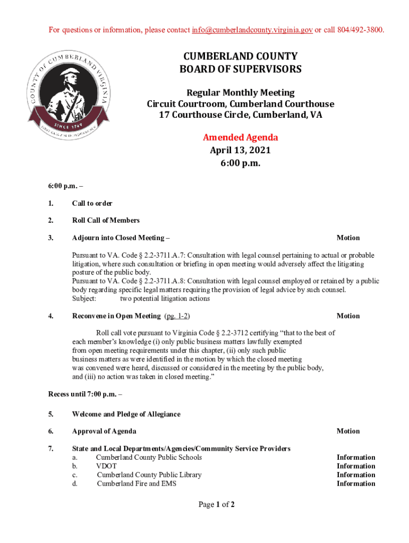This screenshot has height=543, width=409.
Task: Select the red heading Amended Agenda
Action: (x=240, y=138)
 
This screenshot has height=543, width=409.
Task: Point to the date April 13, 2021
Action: (x=240, y=151)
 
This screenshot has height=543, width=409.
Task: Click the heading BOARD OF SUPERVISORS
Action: (x=240, y=69)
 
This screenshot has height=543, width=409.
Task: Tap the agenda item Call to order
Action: (x=92, y=203)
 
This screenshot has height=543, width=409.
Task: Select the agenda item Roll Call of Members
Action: (x=106, y=221)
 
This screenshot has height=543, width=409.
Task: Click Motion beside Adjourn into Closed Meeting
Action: (x=348, y=238)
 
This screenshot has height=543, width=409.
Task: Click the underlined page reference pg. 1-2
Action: (x=177, y=316)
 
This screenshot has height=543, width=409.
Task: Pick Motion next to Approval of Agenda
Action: (x=348, y=431)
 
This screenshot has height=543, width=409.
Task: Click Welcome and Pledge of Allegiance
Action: (x=126, y=414)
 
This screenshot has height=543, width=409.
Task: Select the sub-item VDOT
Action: (x=106, y=466)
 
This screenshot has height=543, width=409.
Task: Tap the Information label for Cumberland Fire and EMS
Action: (x=355, y=484)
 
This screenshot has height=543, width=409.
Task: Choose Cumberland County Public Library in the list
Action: (x=149, y=475)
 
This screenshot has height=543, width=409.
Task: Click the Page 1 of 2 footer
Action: (x=217, y=505)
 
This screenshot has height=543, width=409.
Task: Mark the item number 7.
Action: (x=50, y=449)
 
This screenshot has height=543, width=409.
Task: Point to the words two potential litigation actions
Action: (x=164, y=299)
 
